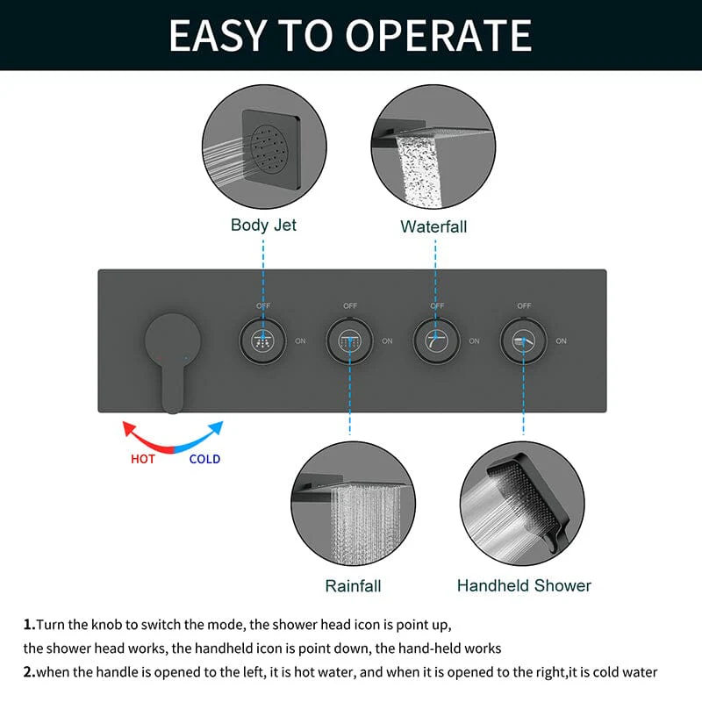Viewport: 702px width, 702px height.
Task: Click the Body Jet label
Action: (263, 226)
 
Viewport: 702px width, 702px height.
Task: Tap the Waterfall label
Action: (433, 226)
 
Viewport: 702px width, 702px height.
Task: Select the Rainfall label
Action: (353, 585)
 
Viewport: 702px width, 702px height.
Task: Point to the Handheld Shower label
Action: (524, 585)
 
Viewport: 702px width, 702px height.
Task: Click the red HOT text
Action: (143, 459)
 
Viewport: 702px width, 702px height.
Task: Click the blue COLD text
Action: (204, 459)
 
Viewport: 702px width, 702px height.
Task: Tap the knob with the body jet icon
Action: (262, 341)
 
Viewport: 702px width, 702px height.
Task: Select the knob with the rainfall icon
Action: (349, 341)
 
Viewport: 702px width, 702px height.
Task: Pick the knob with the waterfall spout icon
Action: (436, 341)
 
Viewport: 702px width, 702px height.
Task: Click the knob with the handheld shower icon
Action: (523, 341)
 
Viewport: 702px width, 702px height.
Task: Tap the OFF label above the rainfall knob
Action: (350, 305)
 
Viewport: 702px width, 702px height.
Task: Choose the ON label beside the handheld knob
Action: (561, 341)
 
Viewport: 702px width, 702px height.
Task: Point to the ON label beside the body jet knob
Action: (300, 341)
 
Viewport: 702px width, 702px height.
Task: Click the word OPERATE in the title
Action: (438, 35)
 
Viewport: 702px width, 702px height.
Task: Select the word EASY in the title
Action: (218, 35)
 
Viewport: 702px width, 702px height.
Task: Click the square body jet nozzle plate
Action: (271, 149)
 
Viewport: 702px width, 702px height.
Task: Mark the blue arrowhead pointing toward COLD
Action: (216, 427)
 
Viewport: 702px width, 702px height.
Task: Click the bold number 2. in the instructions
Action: (30, 672)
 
